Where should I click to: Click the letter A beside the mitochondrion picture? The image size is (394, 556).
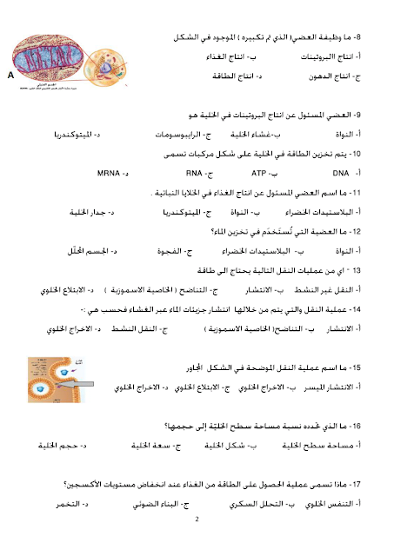(10, 76)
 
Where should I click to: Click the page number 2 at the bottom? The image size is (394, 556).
(197, 520)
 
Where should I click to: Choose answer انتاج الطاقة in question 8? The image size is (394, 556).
(233, 76)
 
